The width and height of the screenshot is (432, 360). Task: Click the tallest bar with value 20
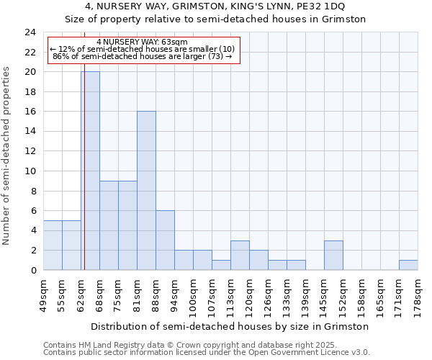point(90,171)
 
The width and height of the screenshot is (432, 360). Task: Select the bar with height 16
point(146,191)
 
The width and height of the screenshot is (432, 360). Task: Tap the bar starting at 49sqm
point(53,245)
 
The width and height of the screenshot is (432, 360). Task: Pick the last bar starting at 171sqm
point(408,265)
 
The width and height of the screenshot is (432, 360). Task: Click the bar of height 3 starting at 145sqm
point(333,255)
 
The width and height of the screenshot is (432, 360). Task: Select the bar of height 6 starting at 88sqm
point(165,240)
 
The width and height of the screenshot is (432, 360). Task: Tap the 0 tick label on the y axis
point(33,270)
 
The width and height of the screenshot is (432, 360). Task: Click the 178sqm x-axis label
point(418,294)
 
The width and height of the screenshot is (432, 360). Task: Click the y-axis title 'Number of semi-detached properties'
point(6,156)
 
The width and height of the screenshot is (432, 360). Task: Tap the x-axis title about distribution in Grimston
point(230,326)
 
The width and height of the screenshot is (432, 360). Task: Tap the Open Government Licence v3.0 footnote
point(206,352)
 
